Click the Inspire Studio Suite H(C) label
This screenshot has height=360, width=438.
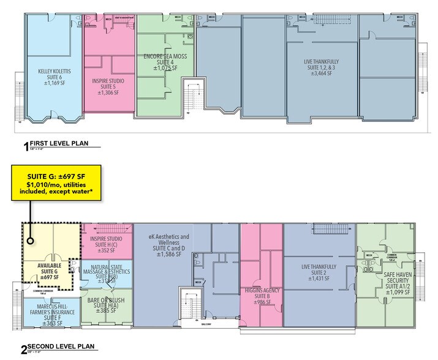point(107,243)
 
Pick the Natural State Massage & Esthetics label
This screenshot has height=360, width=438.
point(108,273)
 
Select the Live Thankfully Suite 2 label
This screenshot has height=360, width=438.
point(320,273)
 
